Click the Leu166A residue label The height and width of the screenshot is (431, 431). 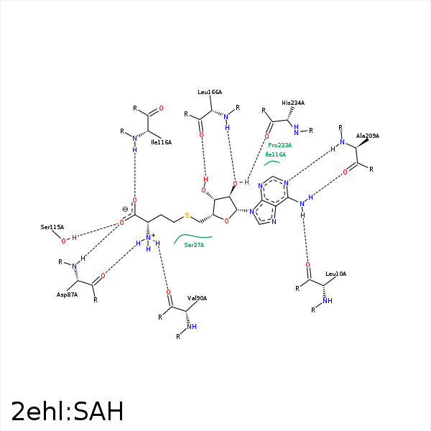click(x=210, y=92)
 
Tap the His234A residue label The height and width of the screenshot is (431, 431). click(x=293, y=103)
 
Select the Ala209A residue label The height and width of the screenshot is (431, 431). click(x=368, y=136)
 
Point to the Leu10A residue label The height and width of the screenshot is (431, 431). click(x=335, y=274)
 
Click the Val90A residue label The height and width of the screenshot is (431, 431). click(x=197, y=298)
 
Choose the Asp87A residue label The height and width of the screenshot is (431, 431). click(x=67, y=295)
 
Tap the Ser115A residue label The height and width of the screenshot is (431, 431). click(x=52, y=227)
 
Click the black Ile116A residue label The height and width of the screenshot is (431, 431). click(x=161, y=142)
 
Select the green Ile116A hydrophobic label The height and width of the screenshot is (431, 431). click(x=275, y=154)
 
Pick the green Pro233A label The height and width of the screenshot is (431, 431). click(x=280, y=145)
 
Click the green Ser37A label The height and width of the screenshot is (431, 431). click(x=194, y=245)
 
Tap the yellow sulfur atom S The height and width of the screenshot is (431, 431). click(x=187, y=215)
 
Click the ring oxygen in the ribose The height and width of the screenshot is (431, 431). click(x=226, y=221)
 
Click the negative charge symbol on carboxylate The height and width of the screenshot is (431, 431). click(x=125, y=209)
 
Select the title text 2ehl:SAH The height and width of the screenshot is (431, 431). click(x=68, y=411)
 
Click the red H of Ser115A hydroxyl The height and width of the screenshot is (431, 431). click(x=74, y=238)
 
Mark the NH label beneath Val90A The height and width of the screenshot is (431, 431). click(x=192, y=327)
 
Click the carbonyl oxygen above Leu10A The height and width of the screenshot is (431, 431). click(x=308, y=265)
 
